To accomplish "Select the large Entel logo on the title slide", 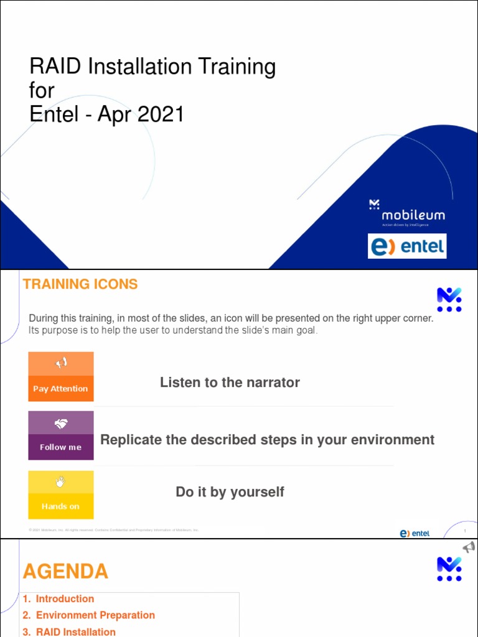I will pos(407,246).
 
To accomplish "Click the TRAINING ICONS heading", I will pos(80,284).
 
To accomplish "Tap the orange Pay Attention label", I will pos(60,389).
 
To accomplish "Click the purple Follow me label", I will pos(60,447).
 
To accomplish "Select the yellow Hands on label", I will pos(60,506).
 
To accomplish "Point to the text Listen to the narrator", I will pos(230,383).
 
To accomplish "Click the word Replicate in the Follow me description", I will pos(130,440).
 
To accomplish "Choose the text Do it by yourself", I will pos(230,492).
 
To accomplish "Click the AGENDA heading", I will pos(65,572).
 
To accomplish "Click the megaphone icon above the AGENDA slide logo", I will pos(469,547).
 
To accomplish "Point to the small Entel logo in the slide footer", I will pos(415,533).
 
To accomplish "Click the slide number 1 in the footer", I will pos(464,531).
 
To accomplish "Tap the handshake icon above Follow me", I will pos(61,424).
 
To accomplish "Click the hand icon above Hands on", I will pos(61,481).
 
